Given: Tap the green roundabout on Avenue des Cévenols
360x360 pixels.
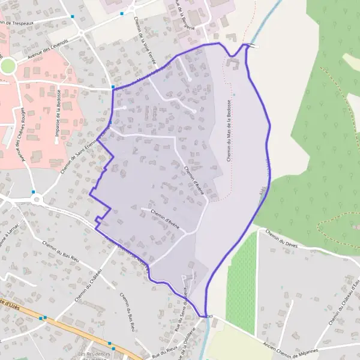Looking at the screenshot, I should [7, 66].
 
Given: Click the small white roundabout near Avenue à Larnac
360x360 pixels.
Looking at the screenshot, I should [37, 198].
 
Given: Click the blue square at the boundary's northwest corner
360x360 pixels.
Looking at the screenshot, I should [113, 88].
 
